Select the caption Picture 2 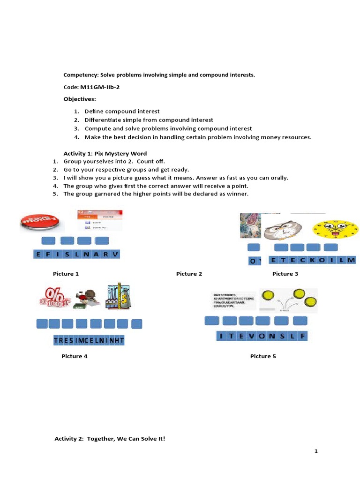(189, 274)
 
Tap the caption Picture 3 (285, 274)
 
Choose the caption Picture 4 (75, 356)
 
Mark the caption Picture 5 (263, 356)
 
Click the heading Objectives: (80, 99)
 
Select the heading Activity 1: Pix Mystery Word (105, 154)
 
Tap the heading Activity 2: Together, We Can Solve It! (110, 439)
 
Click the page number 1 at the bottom (316, 451)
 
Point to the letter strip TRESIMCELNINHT (89, 341)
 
